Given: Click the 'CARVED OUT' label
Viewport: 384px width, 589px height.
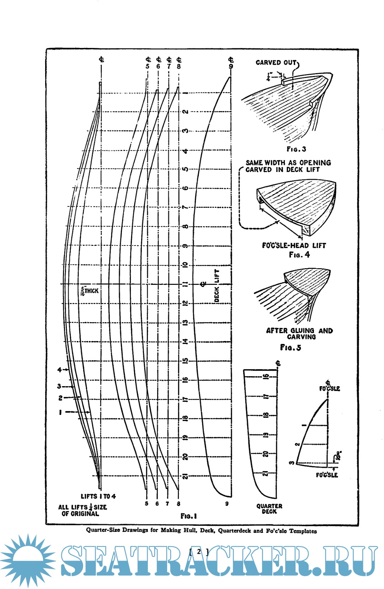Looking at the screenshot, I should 276,63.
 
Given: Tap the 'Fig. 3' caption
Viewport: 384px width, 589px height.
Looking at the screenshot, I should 296,149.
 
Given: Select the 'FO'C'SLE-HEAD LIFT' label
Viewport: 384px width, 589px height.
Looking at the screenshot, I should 294,245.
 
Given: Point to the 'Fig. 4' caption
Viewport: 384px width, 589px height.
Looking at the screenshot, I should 299,255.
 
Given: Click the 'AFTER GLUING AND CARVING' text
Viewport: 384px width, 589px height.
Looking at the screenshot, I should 299,334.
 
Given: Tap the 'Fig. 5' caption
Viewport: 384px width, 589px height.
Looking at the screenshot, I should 290,347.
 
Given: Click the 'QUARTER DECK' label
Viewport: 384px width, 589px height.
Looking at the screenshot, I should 269,509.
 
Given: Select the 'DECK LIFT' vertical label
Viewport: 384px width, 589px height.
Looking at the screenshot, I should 217,286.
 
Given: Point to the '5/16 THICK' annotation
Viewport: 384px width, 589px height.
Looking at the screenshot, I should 90,291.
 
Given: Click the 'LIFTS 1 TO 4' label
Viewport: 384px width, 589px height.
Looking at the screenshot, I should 98,496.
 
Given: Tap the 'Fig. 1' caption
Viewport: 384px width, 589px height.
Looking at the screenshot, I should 188,516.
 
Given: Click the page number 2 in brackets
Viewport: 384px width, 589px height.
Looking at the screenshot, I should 199,551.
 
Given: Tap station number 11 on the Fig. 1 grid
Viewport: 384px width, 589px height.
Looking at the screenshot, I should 185,284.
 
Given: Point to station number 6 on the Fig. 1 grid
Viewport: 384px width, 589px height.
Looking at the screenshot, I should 185,188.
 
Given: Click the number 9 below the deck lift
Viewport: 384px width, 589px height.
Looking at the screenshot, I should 227,503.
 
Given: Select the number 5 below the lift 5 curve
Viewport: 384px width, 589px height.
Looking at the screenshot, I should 146,503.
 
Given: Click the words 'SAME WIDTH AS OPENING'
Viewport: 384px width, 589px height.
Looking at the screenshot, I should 288,163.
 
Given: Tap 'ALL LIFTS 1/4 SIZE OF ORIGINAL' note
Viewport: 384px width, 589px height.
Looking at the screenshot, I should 82,510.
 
